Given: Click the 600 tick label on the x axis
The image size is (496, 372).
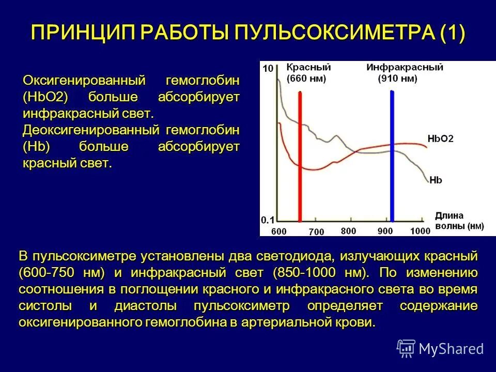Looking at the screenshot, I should pos(278,231).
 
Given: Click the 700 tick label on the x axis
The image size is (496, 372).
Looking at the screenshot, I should pos(316,232).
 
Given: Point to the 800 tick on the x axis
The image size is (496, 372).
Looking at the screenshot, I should pos(349,231).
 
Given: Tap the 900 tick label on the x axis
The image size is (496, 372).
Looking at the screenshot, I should pos(385,231).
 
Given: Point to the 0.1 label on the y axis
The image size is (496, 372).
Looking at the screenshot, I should pos(268,220).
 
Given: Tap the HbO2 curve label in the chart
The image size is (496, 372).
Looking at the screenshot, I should pos(440,139).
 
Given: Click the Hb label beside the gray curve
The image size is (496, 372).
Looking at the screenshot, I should pos(436,180).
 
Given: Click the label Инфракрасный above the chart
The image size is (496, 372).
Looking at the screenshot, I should pos(397,68).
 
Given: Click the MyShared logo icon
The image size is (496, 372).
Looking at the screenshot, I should pos(406,348).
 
